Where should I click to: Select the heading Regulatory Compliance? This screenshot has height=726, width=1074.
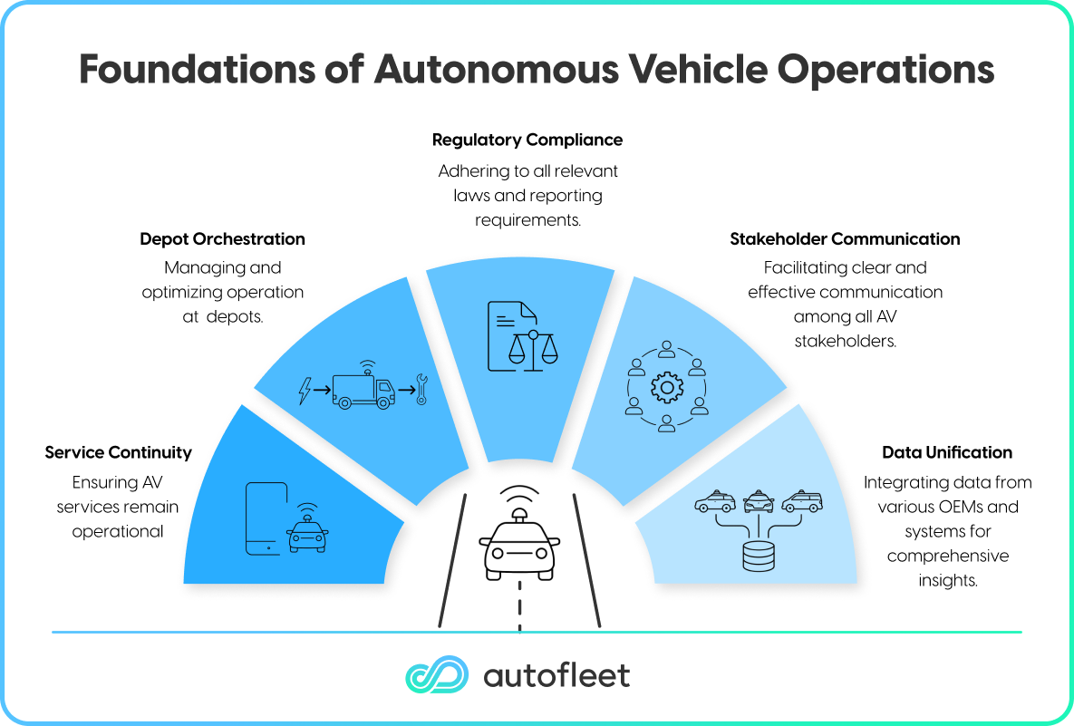(x=527, y=140)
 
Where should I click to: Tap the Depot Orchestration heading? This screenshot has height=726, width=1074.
(x=222, y=239)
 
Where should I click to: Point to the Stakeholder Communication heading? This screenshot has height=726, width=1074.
(x=845, y=239)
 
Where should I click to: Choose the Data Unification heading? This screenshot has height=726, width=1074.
(x=947, y=452)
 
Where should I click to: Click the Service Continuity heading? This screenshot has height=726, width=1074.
(x=118, y=452)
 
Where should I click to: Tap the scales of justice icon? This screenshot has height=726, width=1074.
(x=534, y=351)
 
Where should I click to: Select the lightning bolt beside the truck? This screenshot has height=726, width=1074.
(x=305, y=391)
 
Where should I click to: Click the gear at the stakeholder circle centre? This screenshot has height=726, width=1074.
(x=666, y=388)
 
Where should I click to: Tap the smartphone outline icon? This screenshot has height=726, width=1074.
(x=266, y=518)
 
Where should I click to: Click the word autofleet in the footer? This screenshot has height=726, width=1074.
(x=556, y=675)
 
